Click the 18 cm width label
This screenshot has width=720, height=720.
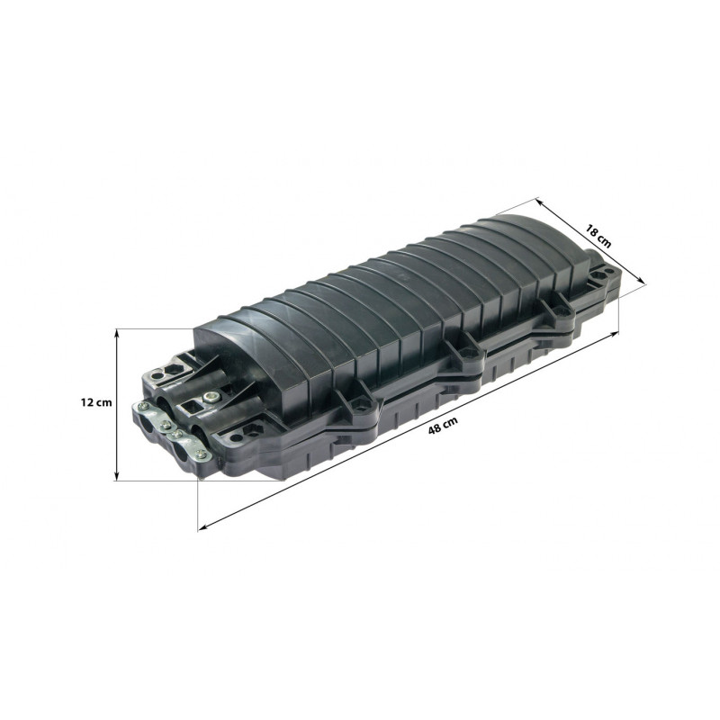598,236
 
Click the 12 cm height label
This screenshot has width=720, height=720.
96,402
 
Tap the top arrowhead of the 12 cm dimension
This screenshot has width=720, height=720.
117,334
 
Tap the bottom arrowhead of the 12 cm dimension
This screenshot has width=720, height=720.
117,475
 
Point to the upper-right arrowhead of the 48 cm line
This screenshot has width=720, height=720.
614,334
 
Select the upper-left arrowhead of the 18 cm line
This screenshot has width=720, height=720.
541,202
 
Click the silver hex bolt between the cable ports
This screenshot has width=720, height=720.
211,395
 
